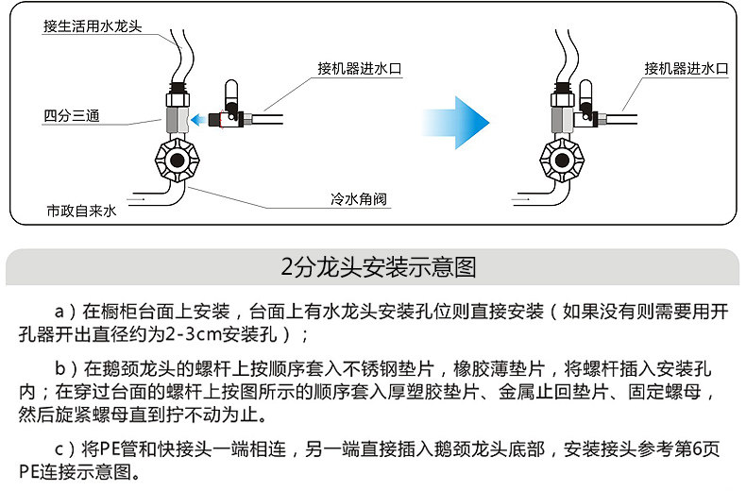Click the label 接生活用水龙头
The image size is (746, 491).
(92, 26)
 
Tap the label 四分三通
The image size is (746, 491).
(72, 117)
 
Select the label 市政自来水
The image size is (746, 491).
(81, 212)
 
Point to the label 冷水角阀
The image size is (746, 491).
(360, 200)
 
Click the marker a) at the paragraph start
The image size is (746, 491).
(63, 311)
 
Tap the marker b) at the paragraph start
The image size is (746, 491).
(63, 368)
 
